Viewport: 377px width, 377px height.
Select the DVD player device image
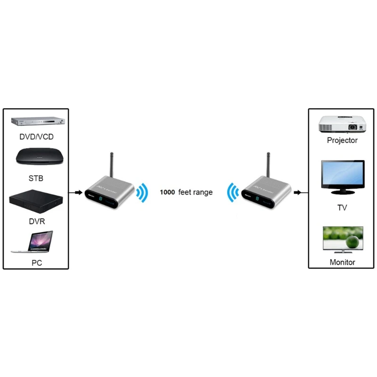(x=36, y=122)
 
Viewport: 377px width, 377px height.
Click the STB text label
(x=36, y=179)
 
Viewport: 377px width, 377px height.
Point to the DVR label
(x=36, y=221)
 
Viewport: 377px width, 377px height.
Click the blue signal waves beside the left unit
(x=142, y=192)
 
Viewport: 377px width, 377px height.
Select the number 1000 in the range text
(x=167, y=192)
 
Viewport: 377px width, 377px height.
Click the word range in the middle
(x=203, y=192)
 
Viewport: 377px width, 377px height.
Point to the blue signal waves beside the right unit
(x=232, y=192)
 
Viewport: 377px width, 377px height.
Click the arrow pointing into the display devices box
(x=299, y=192)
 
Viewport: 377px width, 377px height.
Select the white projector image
(x=342, y=124)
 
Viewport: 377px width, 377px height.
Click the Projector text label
(x=342, y=140)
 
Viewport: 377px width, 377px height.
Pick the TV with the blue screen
(x=342, y=176)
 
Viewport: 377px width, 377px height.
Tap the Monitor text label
(x=342, y=262)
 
